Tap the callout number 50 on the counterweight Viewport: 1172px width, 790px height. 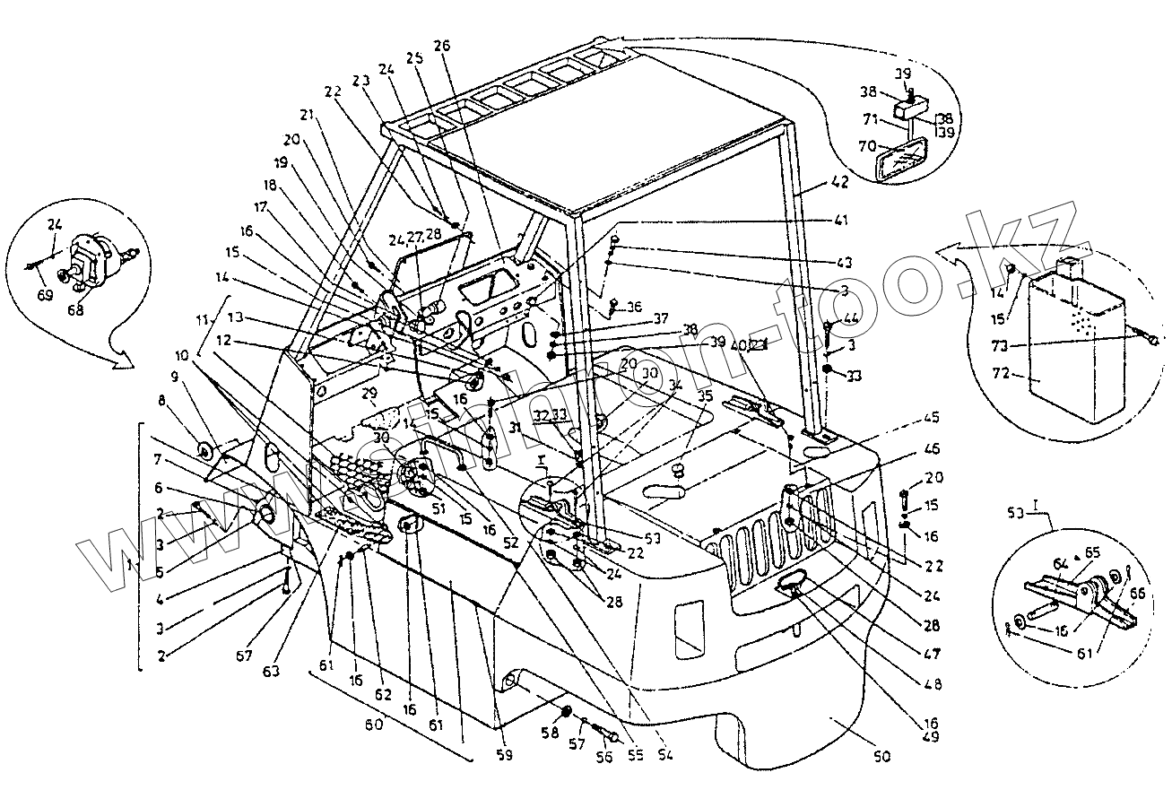pyautogui.click(x=881, y=756)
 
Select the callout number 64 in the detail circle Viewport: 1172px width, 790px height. pyautogui.click(x=1062, y=563)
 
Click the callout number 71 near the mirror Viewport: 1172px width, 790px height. pyautogui.click(x=869, y=119)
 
